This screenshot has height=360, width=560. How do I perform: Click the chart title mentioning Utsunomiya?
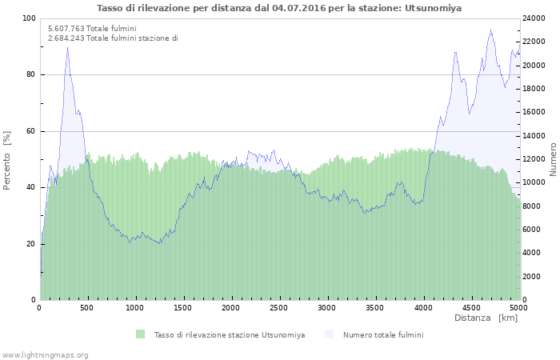pos(279,8)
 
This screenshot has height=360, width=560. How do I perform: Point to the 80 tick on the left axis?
pos(31,74)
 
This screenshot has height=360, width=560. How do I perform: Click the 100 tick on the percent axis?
pos(29,18)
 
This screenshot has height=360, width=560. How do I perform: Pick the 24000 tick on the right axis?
pos(535,18)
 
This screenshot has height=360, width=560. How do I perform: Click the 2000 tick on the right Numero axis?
pos(533,277)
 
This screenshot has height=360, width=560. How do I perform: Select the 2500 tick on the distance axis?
pos(278,307)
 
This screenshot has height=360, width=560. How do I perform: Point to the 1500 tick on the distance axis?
pos(182,307)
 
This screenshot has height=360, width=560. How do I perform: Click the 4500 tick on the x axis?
pos(470,307)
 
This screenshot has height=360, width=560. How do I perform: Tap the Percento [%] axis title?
pos(7,160)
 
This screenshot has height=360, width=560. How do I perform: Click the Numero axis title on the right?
pos(553,160)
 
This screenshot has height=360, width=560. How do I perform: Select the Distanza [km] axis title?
pos(486,318)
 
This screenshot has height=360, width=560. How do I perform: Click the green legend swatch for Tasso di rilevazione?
pos(141,334)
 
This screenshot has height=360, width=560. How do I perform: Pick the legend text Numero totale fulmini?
pos(383,334)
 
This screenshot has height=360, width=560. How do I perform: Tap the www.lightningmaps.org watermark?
pos(45,354)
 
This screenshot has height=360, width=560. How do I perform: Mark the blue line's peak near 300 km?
pos(67,46)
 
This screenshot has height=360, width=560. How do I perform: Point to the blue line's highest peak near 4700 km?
pos(490,30)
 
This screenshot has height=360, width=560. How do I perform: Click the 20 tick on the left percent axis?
pos(31,244)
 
